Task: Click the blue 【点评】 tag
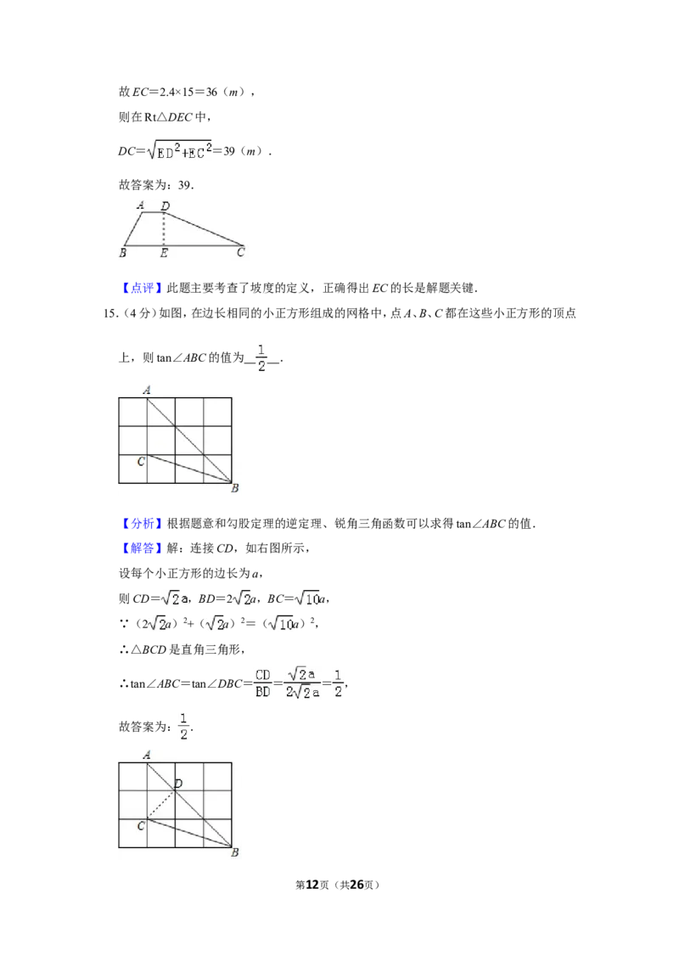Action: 143,288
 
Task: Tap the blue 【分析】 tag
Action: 143,524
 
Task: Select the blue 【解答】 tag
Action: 143,548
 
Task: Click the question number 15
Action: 109,313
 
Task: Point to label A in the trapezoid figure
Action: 141,205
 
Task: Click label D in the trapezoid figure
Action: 165,206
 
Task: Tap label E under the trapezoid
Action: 164,253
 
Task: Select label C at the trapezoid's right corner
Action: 241,252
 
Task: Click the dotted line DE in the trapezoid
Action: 164,229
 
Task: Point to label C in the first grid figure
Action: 141,462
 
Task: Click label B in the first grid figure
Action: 235,488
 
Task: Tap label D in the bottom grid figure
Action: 178,784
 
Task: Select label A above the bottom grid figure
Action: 147,755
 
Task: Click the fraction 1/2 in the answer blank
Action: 261,358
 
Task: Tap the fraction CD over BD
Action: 263,683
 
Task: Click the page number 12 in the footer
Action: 312,885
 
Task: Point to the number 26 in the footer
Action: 356,885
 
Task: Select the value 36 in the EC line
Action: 211,92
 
